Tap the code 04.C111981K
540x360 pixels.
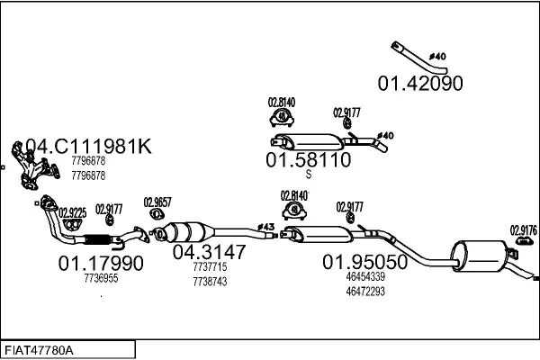[x=88, y=147]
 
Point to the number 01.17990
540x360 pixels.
[x=100, y=264]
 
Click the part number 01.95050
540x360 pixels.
[x=365, y=261]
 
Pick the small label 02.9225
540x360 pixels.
[x=72, y=213]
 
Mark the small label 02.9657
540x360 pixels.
[x=157, y=202]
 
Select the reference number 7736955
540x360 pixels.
[x=101, y=279]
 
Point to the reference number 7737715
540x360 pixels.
[x=209, y=267]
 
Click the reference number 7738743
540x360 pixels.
[x=209, y=281]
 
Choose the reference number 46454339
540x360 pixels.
[x=365, y=277]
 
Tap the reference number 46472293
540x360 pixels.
[x=365, y=290]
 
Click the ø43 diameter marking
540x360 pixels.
[x=266, y=226]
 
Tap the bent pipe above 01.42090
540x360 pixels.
[x=419, y=56]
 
